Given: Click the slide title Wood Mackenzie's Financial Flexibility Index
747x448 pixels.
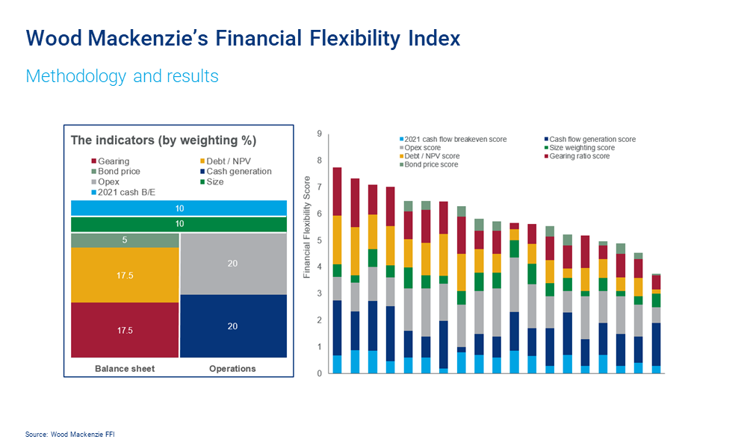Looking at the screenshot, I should tap(243, 38).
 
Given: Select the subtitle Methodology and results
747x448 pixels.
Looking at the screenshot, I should tap(122, 76).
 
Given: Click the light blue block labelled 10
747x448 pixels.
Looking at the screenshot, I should tap(179, 208).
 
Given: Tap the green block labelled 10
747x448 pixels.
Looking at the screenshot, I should tap(179, 225).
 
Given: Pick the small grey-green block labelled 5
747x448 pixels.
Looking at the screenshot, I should tap(125, 240).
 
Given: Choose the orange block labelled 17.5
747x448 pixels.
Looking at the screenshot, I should tap(125, 276).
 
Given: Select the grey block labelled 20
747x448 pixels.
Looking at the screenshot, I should tap(233, 264).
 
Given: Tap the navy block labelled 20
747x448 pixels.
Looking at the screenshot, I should tap(233, 326).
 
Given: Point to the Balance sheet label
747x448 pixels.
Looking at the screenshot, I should tap(125, 369).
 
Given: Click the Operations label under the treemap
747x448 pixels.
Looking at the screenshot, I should tap(233, 369).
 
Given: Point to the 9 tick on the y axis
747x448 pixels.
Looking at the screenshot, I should tap(319, 134).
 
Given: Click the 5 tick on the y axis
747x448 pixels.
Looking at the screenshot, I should tap(319, 240).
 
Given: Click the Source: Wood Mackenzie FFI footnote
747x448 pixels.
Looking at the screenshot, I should tap(70, 434).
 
